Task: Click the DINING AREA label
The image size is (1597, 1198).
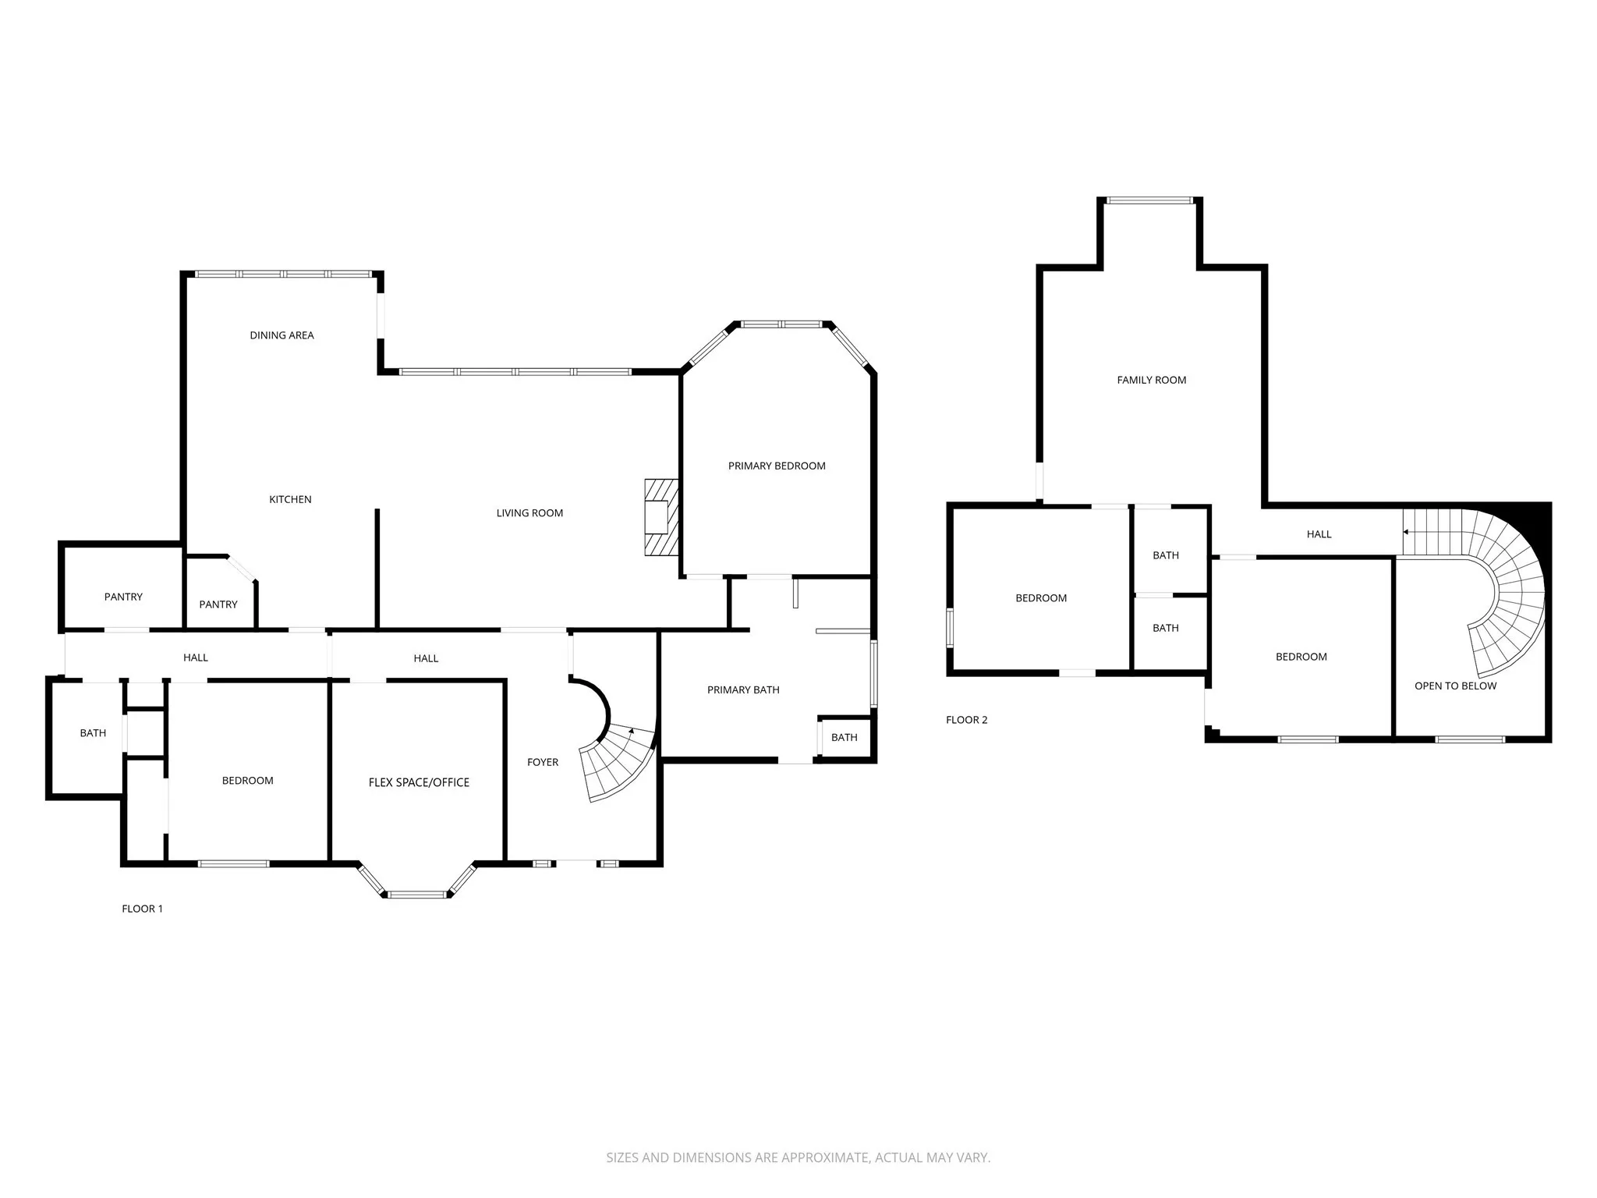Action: tap(282, 335)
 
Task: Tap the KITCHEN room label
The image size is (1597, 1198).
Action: tap(290, 499)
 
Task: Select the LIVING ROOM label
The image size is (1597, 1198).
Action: tap(529, 512)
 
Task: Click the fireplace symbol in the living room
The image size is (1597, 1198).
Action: tap(660, 517)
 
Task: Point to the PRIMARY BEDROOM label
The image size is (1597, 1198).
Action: tap(777, 466)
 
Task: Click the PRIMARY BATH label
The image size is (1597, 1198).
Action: tap(743, 689)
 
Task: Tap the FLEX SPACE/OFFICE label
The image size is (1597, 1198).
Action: tap(419, 782)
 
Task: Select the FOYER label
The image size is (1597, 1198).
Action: tap(543, 762)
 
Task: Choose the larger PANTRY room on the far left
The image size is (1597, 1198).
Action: tap(123, 597)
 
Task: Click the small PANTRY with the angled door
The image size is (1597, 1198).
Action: tap(218, 604)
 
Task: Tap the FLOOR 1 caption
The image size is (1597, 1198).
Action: tap(142, 909)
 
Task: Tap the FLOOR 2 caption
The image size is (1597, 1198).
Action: tap(966, 720)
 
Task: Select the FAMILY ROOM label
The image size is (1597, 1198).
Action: tap(1151, 380)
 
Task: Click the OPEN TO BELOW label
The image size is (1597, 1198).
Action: tap(1455, 686)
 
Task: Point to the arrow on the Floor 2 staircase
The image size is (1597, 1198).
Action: tap(1406, 532)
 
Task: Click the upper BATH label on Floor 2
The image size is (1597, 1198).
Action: tap(1166, 555)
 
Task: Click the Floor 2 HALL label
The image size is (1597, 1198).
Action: tap(1319, 534)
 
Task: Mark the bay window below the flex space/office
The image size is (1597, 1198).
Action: tap(417, 894)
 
